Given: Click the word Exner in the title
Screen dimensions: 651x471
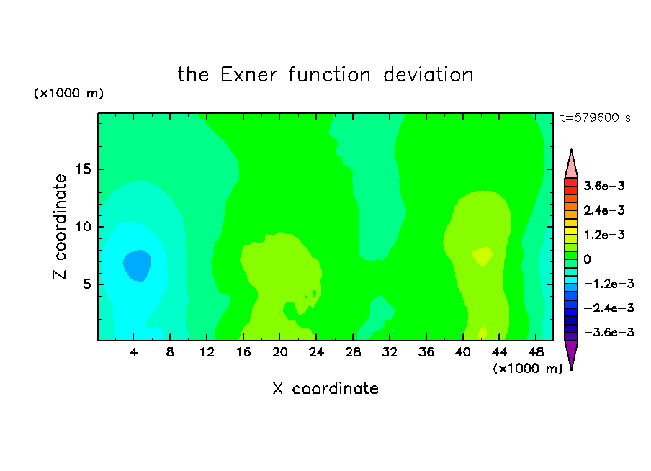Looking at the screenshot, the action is tap(248, 75).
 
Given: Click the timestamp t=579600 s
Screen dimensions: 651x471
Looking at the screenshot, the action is tap(596, 117).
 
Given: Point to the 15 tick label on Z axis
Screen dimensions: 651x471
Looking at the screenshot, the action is tap(83, 169).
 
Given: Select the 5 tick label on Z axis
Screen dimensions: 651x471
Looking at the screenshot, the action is tap(86, 284).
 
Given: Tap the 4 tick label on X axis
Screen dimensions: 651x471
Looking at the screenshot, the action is tap(133, 352).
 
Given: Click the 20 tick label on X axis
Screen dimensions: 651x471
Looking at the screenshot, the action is tap(279, 352).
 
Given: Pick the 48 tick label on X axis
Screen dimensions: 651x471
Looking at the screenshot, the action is tap(536, 352).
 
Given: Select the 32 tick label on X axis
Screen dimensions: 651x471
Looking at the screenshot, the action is tap(390, 352).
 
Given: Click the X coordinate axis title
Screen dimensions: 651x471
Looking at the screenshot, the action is tap(325, 388).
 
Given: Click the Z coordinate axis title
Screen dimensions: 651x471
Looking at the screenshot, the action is tap(60, 227).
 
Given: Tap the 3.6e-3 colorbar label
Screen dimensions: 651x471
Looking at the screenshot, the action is tap(604, 186).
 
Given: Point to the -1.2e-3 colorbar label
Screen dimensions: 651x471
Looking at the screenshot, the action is tap(609, 284).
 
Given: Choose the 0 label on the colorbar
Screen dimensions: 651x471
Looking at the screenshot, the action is tap(587, 259).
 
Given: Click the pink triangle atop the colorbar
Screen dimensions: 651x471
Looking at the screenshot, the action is tap(571, 164).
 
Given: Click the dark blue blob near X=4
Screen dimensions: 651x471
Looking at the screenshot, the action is tap(137, 266).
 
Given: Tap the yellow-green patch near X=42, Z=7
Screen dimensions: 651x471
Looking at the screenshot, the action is tap(482, 256).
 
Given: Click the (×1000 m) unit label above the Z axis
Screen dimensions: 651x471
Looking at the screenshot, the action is tap(68, 93).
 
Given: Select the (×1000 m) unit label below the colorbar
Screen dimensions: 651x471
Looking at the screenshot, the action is tap(527, 368).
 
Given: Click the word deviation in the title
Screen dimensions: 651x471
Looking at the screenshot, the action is tap(428, 75).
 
